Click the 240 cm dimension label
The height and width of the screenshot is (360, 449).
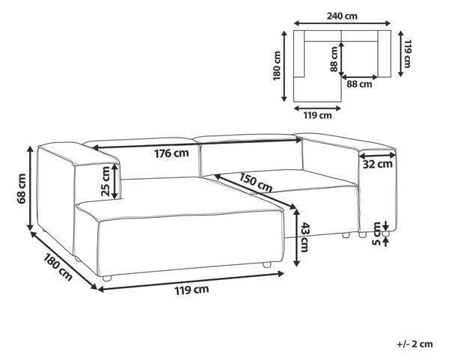(x=342, y=16)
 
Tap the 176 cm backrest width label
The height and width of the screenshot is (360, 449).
(x=171, y=153)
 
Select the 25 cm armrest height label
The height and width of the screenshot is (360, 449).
(x=106, y=181)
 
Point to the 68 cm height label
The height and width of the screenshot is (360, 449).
(x=22, y=189)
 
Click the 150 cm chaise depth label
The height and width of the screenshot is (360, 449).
(x=255, y=183)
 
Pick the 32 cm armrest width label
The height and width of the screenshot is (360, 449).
(x=377, y=165)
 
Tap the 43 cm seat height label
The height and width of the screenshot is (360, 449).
(x=304, y=237)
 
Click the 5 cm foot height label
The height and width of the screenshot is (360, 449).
(x=376, y=234)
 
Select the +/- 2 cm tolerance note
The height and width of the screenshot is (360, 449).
(x=415, y=344)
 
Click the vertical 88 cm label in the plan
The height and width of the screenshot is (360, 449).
(x=334, y=59)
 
